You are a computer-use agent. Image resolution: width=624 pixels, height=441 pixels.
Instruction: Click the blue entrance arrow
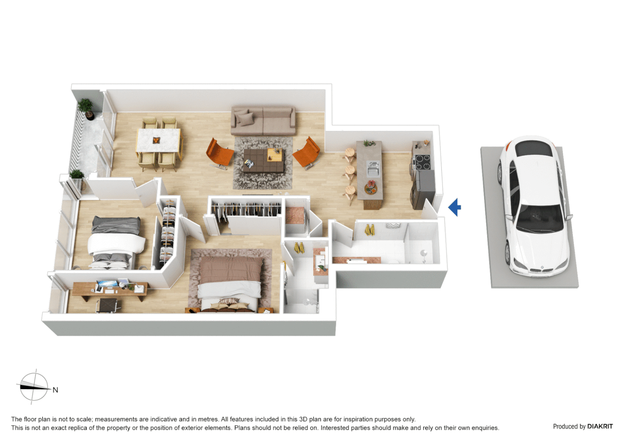tap(455, 207)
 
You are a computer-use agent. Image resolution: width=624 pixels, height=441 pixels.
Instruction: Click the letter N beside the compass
tap(55, 390)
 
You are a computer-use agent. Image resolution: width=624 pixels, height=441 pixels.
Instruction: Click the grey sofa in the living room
tap(263, 121)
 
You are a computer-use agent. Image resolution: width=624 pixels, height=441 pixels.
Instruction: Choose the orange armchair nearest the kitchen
tap(307, 153)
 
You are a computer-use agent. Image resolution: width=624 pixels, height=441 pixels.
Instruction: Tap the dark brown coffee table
tap(263, 160)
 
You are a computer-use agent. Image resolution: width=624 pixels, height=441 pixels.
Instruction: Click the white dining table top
tap(158, 140)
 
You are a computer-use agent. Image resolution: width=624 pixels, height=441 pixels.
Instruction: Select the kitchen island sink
tap(373, 168)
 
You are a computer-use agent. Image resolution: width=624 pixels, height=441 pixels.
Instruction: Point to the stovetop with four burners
tap(422, 162)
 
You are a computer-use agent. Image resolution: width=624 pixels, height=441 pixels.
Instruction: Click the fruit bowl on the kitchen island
tap(371, 188)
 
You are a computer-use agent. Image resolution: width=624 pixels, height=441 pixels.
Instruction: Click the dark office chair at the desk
tap(108, 305)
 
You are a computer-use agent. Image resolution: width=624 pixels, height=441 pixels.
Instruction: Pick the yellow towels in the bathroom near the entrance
tap(370, 230)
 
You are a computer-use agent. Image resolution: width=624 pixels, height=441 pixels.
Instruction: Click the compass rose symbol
tap(34, 387)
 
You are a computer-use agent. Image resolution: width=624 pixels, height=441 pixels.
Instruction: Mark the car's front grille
tap(541, 270)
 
